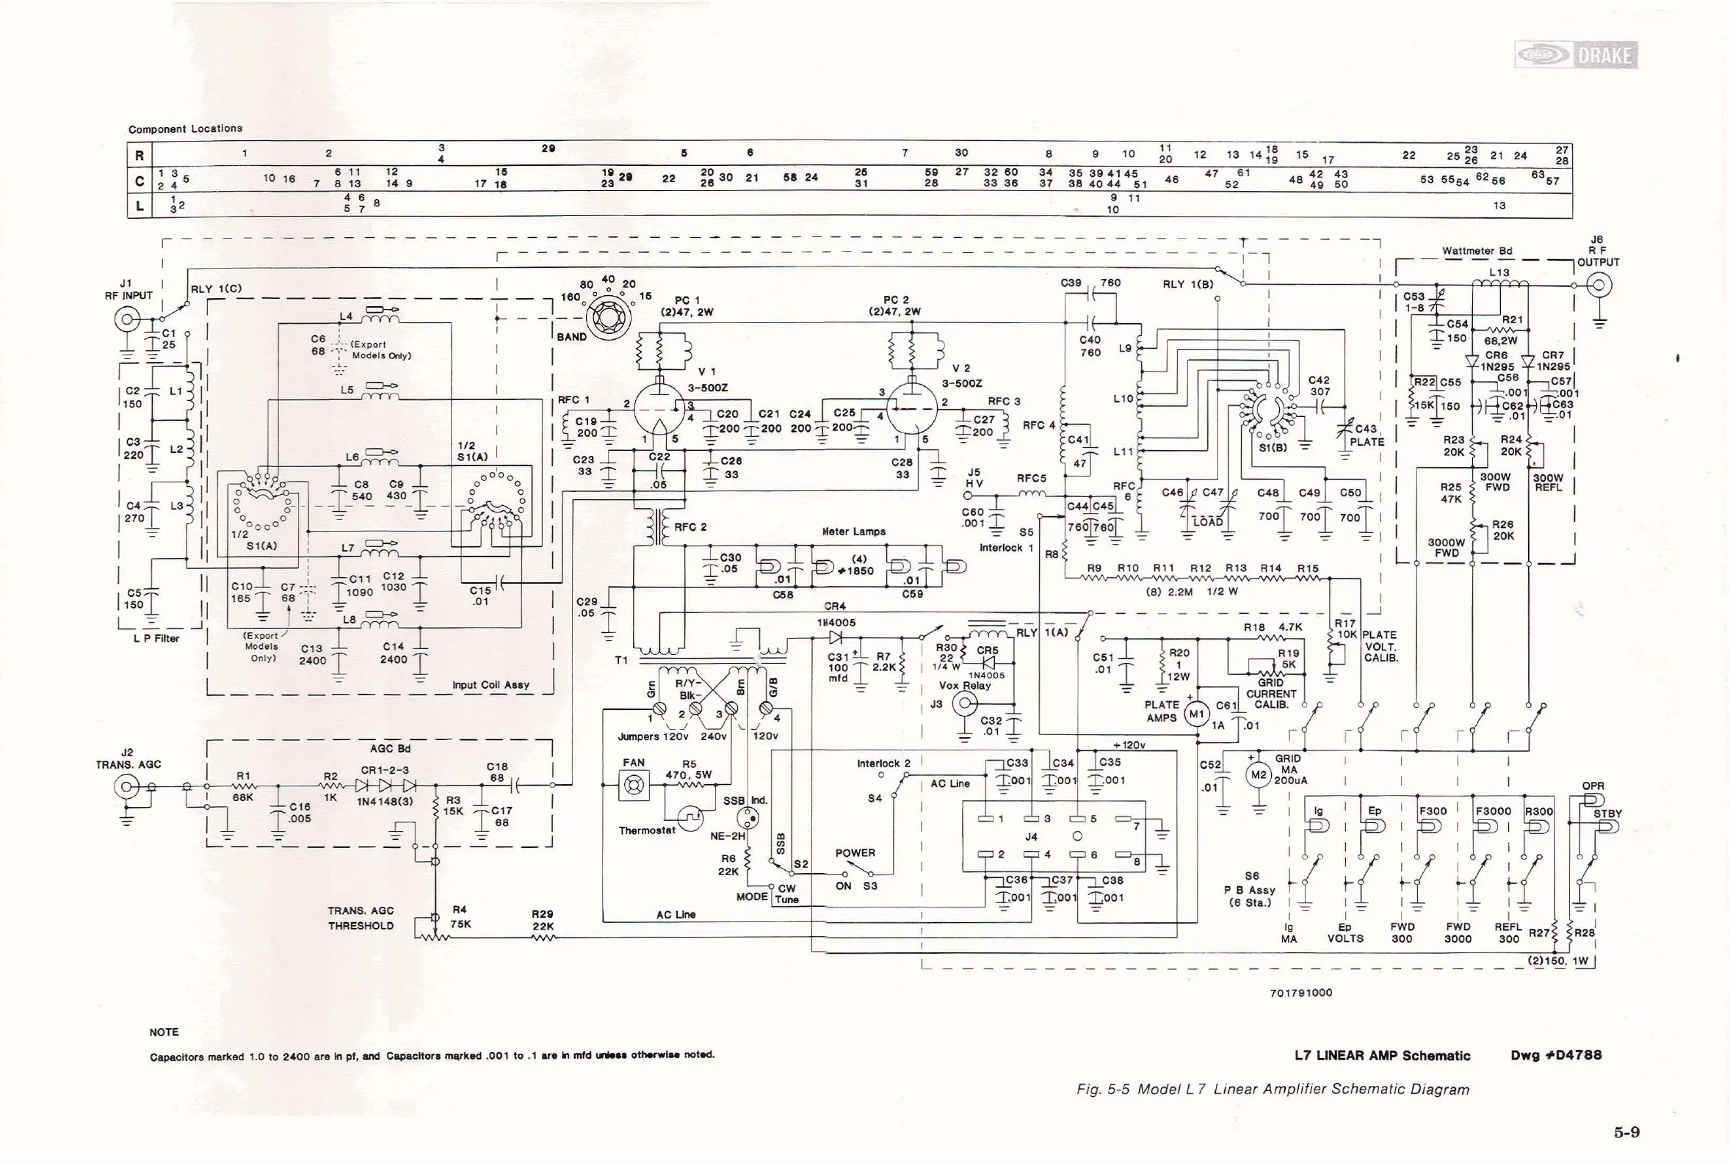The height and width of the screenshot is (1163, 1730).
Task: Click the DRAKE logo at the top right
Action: (x=1576, y=55)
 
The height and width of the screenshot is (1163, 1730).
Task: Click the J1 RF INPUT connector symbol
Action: (x=126, y=320)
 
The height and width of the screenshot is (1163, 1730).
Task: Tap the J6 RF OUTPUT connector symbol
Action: (x=1599, y=285)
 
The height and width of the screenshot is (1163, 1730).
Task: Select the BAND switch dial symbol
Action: (x=608, y=318)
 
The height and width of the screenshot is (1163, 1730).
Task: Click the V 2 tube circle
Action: (x=913, y=407)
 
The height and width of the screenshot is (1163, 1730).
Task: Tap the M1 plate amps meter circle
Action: (x=1197, y=714)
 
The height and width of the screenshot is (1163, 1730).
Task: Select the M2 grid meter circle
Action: (x=1259, y=776)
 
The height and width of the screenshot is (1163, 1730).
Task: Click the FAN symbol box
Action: (x=634, y=786)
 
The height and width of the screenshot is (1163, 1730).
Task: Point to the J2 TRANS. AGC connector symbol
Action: (x=127, y=786)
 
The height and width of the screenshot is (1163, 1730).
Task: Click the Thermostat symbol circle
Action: (x=691, y=819)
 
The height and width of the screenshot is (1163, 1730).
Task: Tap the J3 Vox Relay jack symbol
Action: (x=964, y=705)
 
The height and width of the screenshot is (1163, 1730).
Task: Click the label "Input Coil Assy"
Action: (x=491, y=684)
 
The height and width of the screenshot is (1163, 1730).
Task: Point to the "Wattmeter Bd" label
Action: (x=1476, y=250)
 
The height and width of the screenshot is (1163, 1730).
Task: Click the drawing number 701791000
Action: (x=1300, y=993)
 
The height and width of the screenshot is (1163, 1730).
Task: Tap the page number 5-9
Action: (x=1626, y=1132)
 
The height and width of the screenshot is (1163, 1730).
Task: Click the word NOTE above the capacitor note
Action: (x=164, y=1032)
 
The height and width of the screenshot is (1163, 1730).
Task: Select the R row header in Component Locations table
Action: (x=140, y=155)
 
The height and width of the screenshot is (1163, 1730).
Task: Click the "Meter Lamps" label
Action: (x=853, y=531)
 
